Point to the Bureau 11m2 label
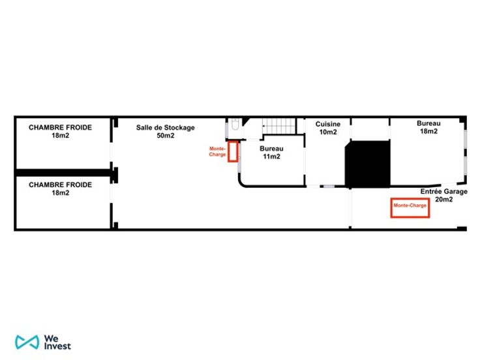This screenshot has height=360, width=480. coord(271,153)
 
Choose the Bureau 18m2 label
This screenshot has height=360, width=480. coord(428,127)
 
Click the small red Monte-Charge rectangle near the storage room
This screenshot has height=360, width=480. coord(233,151)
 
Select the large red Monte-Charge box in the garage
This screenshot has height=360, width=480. coord(410,208)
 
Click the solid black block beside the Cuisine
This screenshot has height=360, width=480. coord(367,164)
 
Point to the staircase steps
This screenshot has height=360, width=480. coord(279,126)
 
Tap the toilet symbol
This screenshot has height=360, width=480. coord(235,124)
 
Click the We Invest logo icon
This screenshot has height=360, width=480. coord(27,342)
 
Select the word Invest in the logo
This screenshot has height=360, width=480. coord(57,346)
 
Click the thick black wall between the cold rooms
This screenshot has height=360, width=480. coord(63,173)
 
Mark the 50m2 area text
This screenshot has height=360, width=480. coord(166,135)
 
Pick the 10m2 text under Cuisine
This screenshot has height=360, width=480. coord(328,132)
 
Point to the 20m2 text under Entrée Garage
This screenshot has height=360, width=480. coord(444,200)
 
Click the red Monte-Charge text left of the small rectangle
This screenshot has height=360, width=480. coord(217,151)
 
